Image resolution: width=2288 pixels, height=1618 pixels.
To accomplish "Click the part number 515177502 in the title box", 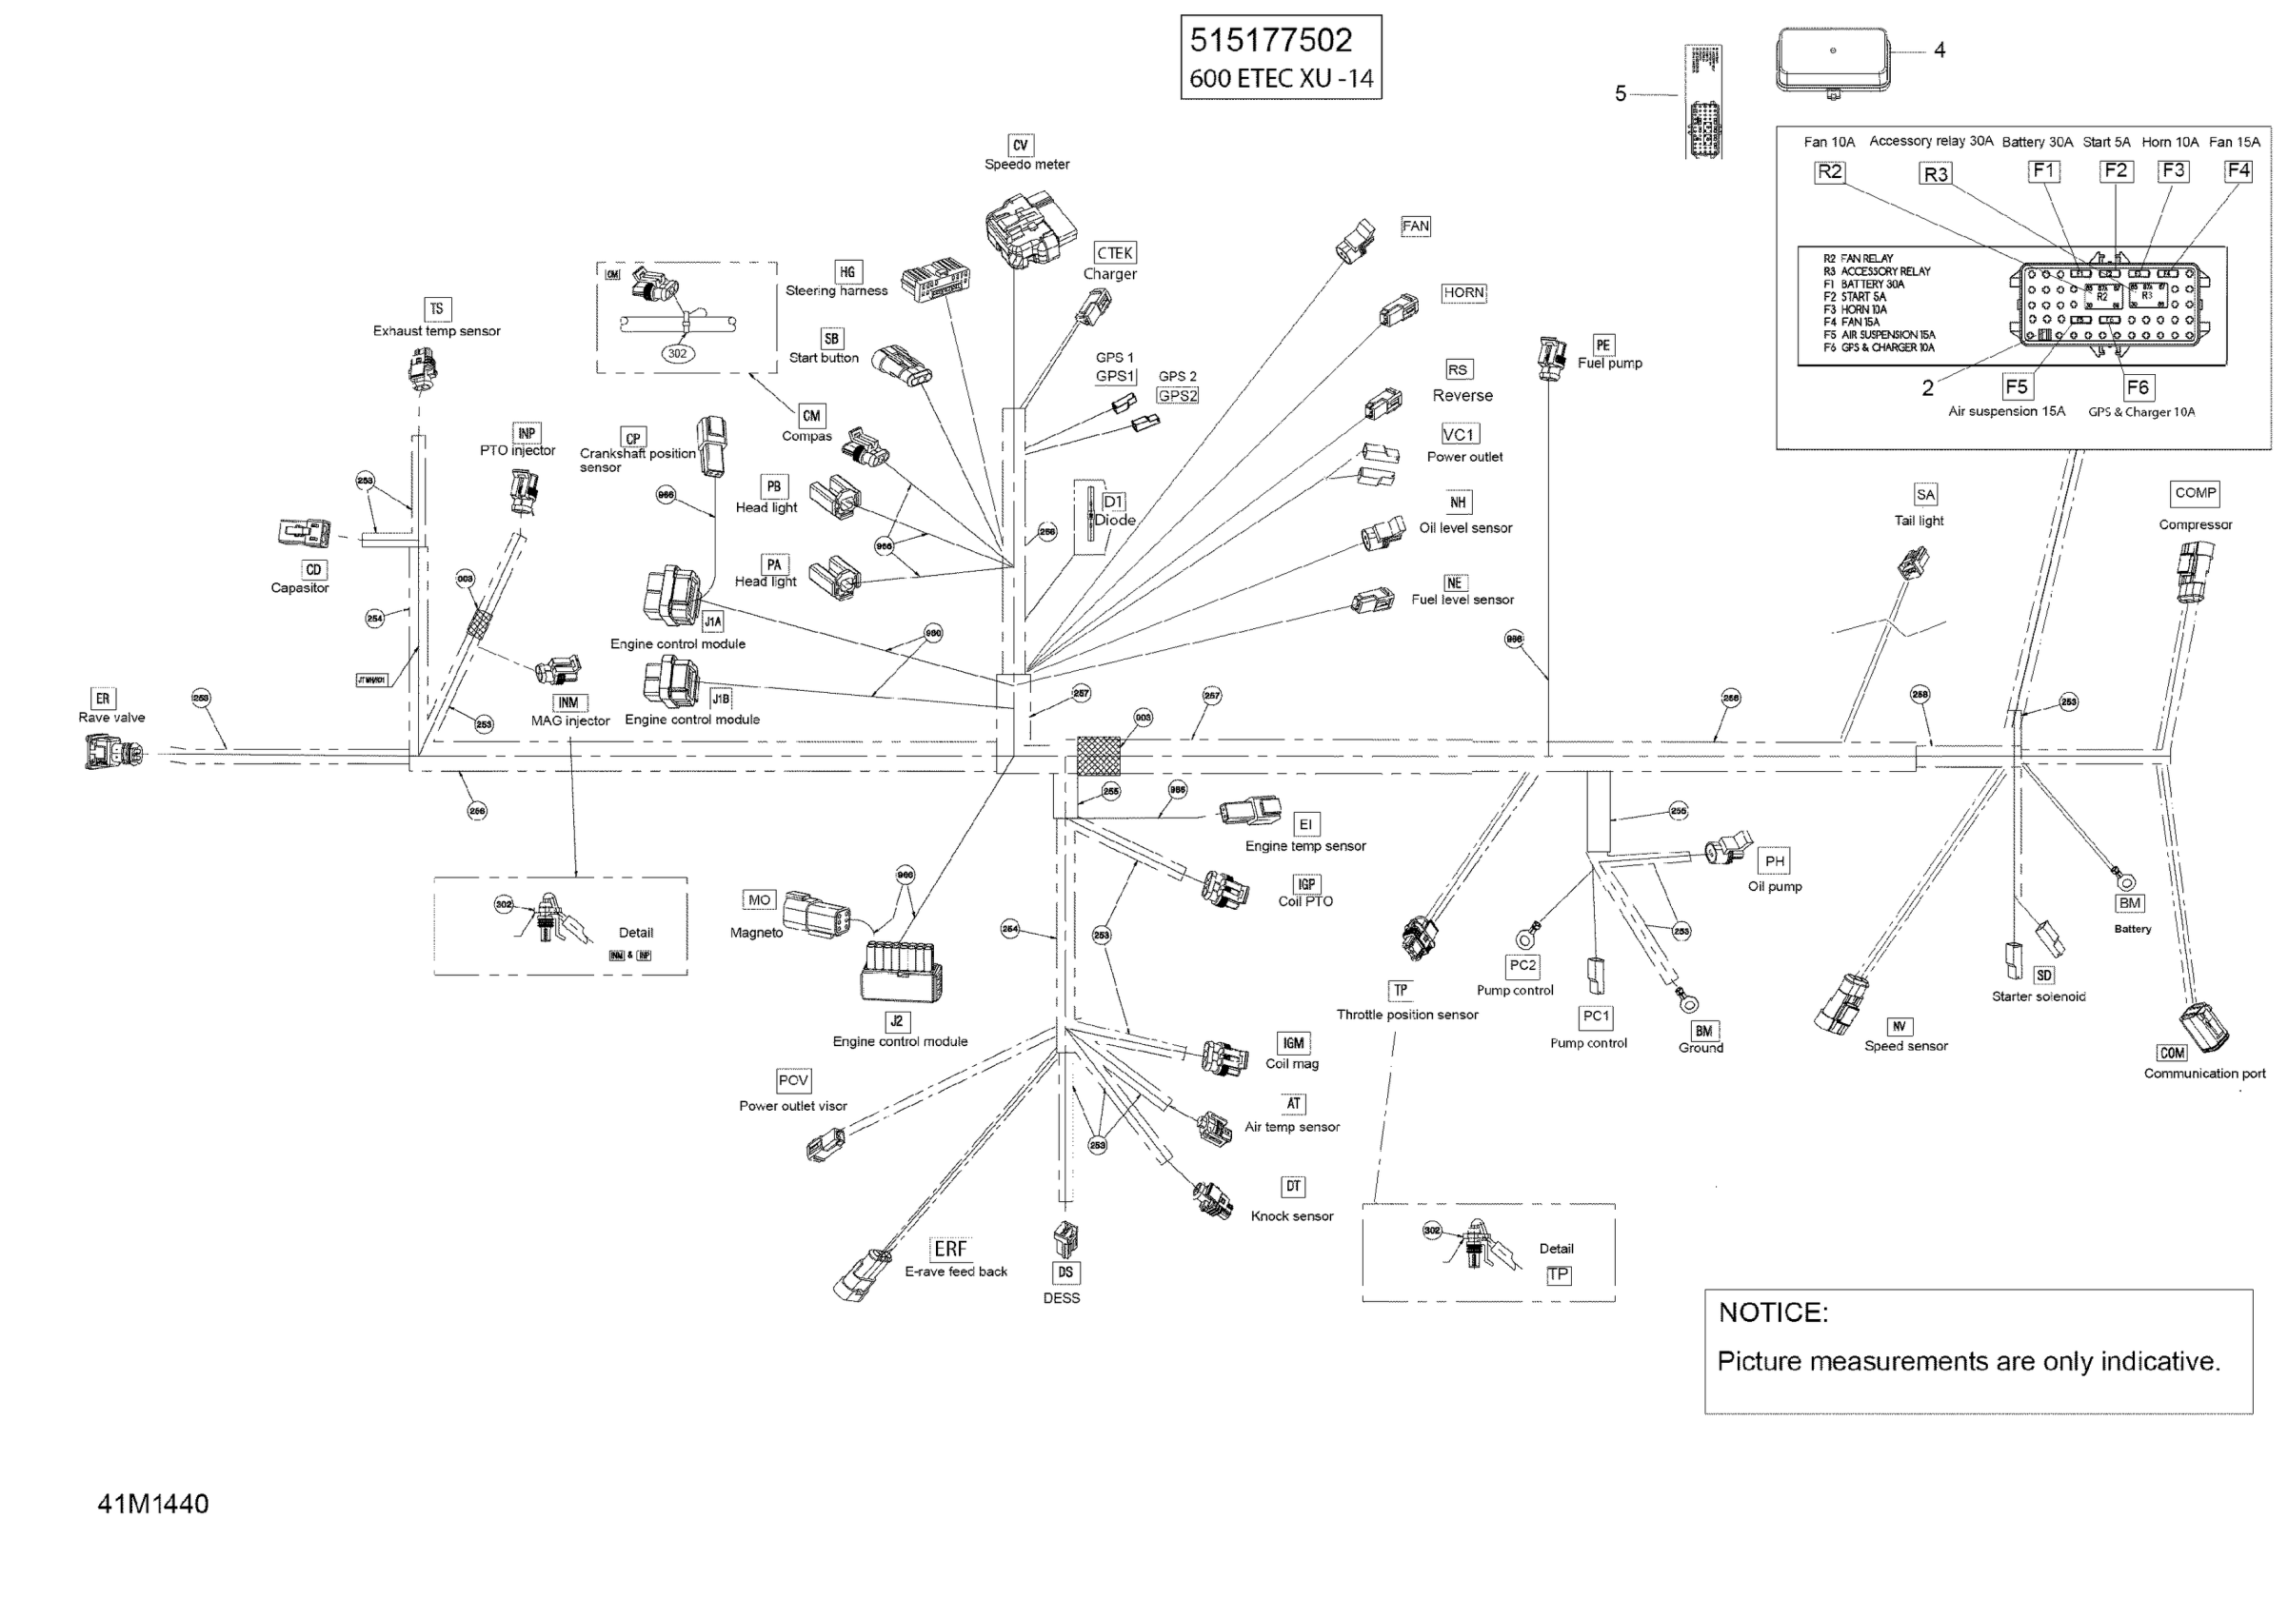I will tap(1270, 41).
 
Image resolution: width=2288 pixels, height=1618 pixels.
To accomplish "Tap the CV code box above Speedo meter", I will tap(1020, 146).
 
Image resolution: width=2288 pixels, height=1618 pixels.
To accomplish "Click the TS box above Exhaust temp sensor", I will tap(436, 309).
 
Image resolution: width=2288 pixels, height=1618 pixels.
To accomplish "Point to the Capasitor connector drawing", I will tap(304, 533).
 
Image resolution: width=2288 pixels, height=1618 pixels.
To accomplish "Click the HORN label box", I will tap(1462, 293).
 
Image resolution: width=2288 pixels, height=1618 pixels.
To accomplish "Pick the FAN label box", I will tap(1415, 227).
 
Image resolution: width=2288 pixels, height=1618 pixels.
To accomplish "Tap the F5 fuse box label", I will tap(2015, 386).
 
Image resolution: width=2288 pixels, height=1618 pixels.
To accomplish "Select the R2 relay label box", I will tap(1829, 171).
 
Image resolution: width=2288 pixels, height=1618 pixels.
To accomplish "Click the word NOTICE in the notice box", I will tap(1773, 1312).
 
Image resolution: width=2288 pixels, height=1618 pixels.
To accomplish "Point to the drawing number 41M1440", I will tap(152, 1504).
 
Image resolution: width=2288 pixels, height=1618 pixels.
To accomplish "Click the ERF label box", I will tap(948, 1249).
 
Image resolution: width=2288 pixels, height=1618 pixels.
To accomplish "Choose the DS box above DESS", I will tap(1065, 1273).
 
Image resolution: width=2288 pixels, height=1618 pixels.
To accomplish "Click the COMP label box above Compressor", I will tap(2195, 493).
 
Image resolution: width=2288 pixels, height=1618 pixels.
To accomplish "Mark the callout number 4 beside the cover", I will tap(1940, 49).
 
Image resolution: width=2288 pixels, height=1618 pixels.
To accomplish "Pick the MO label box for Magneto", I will tap(760, 899).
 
